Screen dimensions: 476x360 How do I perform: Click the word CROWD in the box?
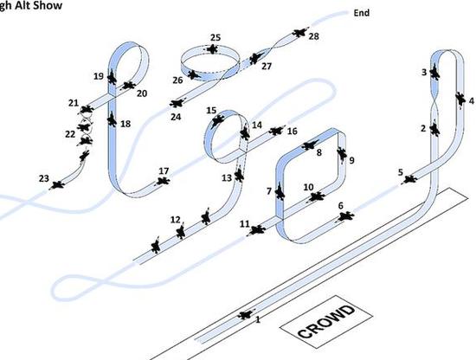(326, 322)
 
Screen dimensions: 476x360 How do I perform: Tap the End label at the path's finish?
(362, 13)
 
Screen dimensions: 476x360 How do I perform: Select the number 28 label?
(314, 36)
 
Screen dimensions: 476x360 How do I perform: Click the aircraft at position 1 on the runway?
(246, 315)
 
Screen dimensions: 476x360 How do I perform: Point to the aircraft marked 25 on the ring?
(213, 48)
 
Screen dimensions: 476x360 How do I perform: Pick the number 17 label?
(164, 171)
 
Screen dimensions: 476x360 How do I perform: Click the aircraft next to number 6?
(344, 216)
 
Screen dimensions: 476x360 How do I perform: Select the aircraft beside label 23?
(57, 184)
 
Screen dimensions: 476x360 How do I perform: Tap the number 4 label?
(471, 100)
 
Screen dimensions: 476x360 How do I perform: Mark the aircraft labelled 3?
(435, 72)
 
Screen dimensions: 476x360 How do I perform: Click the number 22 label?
(70, 134)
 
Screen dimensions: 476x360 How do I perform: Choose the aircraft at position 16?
(276, 131)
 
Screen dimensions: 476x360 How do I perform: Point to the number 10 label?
(308, 187)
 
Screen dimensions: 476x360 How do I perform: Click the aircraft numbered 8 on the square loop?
(310, 145)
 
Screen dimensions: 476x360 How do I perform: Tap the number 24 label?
(176, 117)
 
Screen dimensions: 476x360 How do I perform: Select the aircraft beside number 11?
(257, 230)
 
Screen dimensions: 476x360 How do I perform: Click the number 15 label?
(211, 111)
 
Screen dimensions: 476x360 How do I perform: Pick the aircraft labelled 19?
(112, 76)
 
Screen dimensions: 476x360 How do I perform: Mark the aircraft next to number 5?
(409, 179)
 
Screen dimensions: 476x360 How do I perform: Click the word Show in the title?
(48, 5)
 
